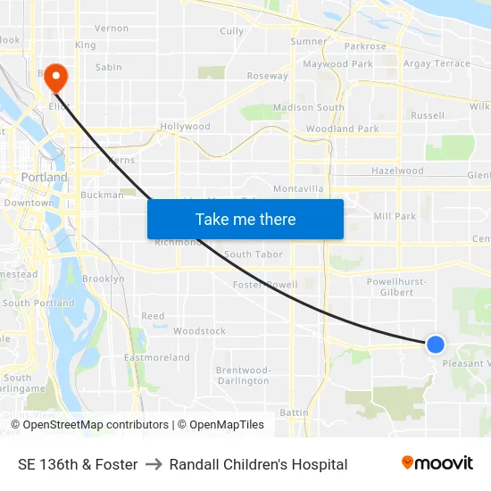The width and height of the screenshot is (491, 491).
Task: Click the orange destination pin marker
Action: [x=55, y=77]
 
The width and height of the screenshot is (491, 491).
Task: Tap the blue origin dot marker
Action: [x=436, y=344]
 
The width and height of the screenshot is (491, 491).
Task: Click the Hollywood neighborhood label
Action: [x=185, y=127]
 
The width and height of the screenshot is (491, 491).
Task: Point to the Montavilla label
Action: [x=298, y=189]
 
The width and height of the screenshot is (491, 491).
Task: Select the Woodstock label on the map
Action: [x=199, y=331]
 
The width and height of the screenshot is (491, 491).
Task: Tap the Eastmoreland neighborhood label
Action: [x=156, y=358]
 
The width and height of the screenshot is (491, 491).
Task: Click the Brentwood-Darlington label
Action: [x=243, y=375]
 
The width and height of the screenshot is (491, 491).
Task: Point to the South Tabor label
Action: [x=254, y=254]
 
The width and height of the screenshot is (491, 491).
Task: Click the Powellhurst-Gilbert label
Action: [x=396, y=287]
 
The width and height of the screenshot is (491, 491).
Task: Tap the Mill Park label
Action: [x=395, y=216]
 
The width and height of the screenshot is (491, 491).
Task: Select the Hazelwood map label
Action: [x=397, y=171]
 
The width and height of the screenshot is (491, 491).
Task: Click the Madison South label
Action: [x=309, y=108]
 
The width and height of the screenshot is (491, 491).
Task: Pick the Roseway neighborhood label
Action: [x=268, y=76]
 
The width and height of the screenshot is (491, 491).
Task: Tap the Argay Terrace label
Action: [x=437, y=64]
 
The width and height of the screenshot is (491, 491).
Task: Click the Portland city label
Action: [x=45, y=178]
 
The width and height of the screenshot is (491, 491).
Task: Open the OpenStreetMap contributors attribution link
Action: [x=96, y=425]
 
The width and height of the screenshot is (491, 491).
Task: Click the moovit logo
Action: [x=437, y=463]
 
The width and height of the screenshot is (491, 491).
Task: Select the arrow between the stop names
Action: [x=154, y=464]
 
